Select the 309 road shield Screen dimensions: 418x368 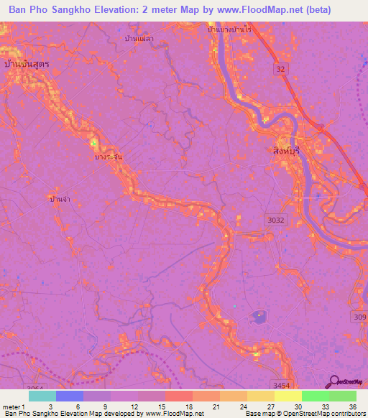[x=359, y=317]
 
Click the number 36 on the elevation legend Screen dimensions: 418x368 [x=353, y=407]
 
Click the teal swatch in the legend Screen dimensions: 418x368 [x=42, y=396]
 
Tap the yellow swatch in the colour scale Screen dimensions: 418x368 [x=287, y=396]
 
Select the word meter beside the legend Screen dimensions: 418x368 [x=11, y=407]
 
